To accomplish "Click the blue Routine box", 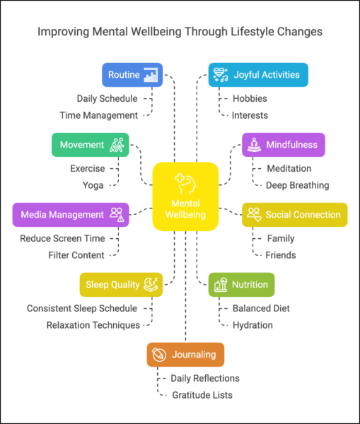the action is tap(132, 75).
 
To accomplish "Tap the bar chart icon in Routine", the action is tap(151, 75).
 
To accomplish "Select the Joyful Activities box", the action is tap(258, 75).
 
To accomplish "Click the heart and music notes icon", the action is tap(221, 75).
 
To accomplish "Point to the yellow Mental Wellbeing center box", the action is tap(185, 196).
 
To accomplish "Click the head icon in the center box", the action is tap(185, 184).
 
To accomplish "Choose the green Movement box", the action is tap(91, 145).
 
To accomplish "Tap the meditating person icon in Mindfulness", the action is tap(254, 145).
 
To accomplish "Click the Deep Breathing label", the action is tap(298, 185).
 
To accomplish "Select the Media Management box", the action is tap(71, 215).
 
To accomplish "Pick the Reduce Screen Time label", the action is tap(62, 238).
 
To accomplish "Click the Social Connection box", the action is tap(294, 215).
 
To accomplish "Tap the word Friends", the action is tap(281, 255).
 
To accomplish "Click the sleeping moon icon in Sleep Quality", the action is tap(151, 285).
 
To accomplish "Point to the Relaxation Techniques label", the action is tap(93, 325).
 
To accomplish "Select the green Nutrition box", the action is tap(241, 285).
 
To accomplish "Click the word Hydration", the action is tap(252, 325).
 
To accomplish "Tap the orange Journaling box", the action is tap(185, 355).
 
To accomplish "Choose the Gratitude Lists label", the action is tap(202, 395).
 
